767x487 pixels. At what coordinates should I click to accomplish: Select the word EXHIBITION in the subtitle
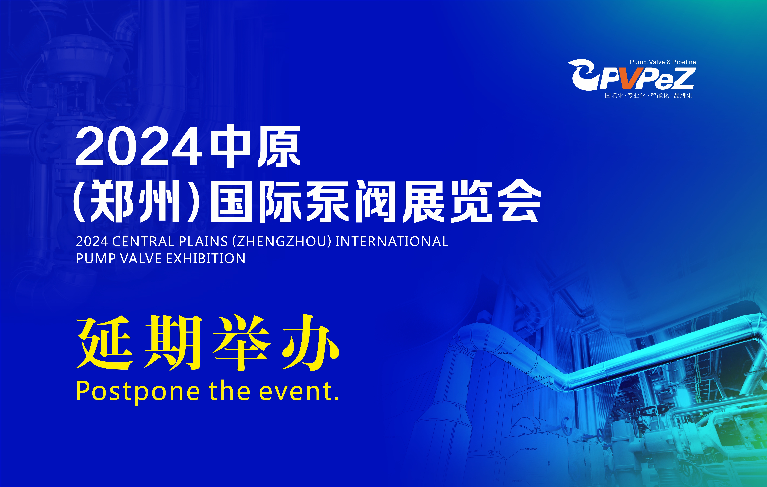pyautogui.click(x=205, y=258)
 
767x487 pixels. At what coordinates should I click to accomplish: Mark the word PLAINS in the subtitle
pyautogui.click(x=203, y=241)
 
